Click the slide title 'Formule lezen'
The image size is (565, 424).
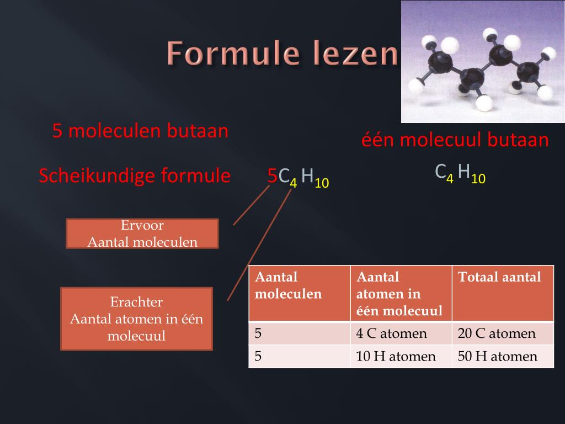tap(282, 54)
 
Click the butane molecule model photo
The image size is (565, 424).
tap(482, 61)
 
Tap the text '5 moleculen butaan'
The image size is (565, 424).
tap(140, 131)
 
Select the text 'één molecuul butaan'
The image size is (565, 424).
tap(455, 140)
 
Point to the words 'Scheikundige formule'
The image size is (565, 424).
tap(135, 176)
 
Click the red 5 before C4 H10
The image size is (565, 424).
tap(272, 176)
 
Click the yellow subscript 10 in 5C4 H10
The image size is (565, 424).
tap(322, 183)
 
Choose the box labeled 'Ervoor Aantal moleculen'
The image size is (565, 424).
tap(142, 234)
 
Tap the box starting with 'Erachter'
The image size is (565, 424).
tap(136, 319)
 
